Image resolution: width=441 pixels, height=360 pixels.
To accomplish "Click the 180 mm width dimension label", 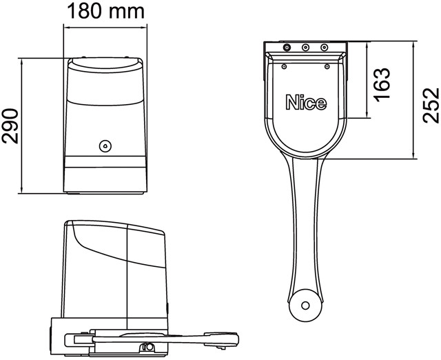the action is pyautogui.click(x=105, y=11).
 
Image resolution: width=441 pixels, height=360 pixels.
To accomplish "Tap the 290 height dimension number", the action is pyautogui.click(x=10, y=126).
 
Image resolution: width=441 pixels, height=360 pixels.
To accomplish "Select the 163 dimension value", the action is pyautogui.click(x=382, y=83).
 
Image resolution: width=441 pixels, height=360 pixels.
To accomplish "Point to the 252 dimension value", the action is pyautogui.click(x=431, y=106).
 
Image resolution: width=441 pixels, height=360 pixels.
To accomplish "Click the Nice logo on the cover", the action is pyautogui.click(x=306, y=102).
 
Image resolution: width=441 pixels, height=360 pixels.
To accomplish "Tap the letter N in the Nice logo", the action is pyautogui.click(x=292, y=102).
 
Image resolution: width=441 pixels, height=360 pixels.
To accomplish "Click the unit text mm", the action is pyautogui.click(x=127, y=12).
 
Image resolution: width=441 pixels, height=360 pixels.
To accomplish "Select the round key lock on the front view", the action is pyautogui.click(x=105, y=146).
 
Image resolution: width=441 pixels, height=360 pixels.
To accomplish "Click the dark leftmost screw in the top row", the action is pyautogui.click(x=287, y=48).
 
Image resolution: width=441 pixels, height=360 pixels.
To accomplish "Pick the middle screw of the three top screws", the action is pyautogui.click(x=306, y=48).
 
